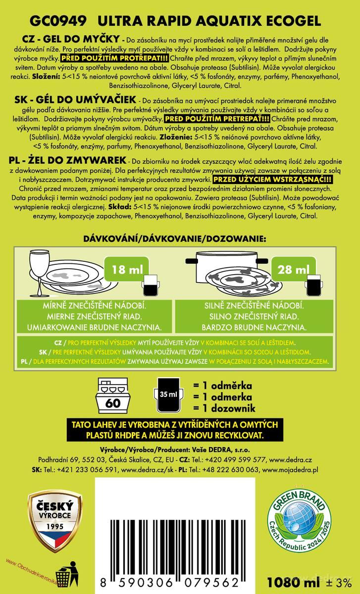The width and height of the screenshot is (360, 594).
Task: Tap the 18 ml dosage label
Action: tap(127, 270)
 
